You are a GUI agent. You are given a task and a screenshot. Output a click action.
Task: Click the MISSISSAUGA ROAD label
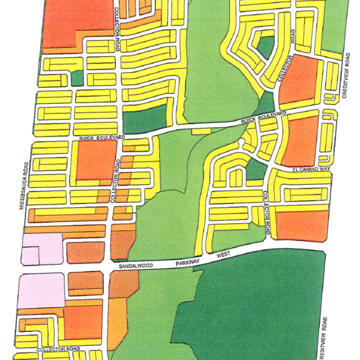pos(24,186)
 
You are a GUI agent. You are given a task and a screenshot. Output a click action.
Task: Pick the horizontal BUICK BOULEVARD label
pos(101,137)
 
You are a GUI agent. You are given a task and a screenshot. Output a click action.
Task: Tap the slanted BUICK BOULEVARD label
pos(263,117)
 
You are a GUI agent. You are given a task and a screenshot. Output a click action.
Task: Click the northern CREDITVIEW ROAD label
pos(346,75)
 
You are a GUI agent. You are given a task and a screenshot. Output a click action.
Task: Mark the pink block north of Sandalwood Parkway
pos(41,248)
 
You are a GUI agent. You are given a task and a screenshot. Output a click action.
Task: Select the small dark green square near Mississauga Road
pos(77,78)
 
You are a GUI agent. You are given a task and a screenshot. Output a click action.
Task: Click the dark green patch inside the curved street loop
pos(265,47)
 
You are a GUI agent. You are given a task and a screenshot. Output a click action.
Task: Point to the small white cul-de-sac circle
pos(241,141)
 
